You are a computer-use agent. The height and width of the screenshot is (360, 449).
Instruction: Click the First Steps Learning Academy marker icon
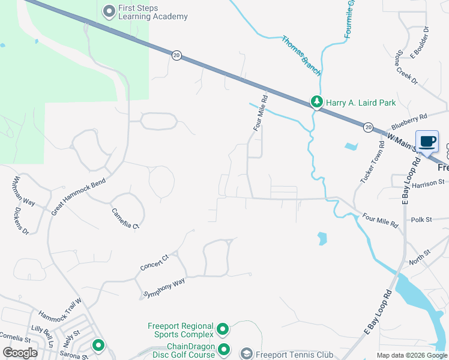coord(109,11)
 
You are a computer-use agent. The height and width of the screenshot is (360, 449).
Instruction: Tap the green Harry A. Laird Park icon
coord(316,103)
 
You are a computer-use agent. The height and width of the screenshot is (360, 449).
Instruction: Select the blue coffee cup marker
coord(427,142)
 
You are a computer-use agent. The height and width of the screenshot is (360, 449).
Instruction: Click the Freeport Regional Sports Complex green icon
coord(223,329)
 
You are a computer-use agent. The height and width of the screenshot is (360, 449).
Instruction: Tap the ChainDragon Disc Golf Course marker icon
coord(224,349)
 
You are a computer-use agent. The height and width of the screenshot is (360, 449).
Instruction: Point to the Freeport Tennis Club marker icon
coord(246,354)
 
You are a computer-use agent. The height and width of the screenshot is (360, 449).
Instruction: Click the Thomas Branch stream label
coord(301,56)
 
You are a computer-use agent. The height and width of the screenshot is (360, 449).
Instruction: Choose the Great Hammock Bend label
coord(78,193)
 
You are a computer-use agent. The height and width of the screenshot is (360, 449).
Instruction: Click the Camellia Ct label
coord(125,218)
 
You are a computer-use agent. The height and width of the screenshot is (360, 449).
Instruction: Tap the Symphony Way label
coord(163,288)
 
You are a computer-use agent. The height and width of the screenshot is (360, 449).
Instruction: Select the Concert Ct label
coord(155,262)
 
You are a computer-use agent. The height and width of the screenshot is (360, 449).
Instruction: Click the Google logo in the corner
coord(20,353)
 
